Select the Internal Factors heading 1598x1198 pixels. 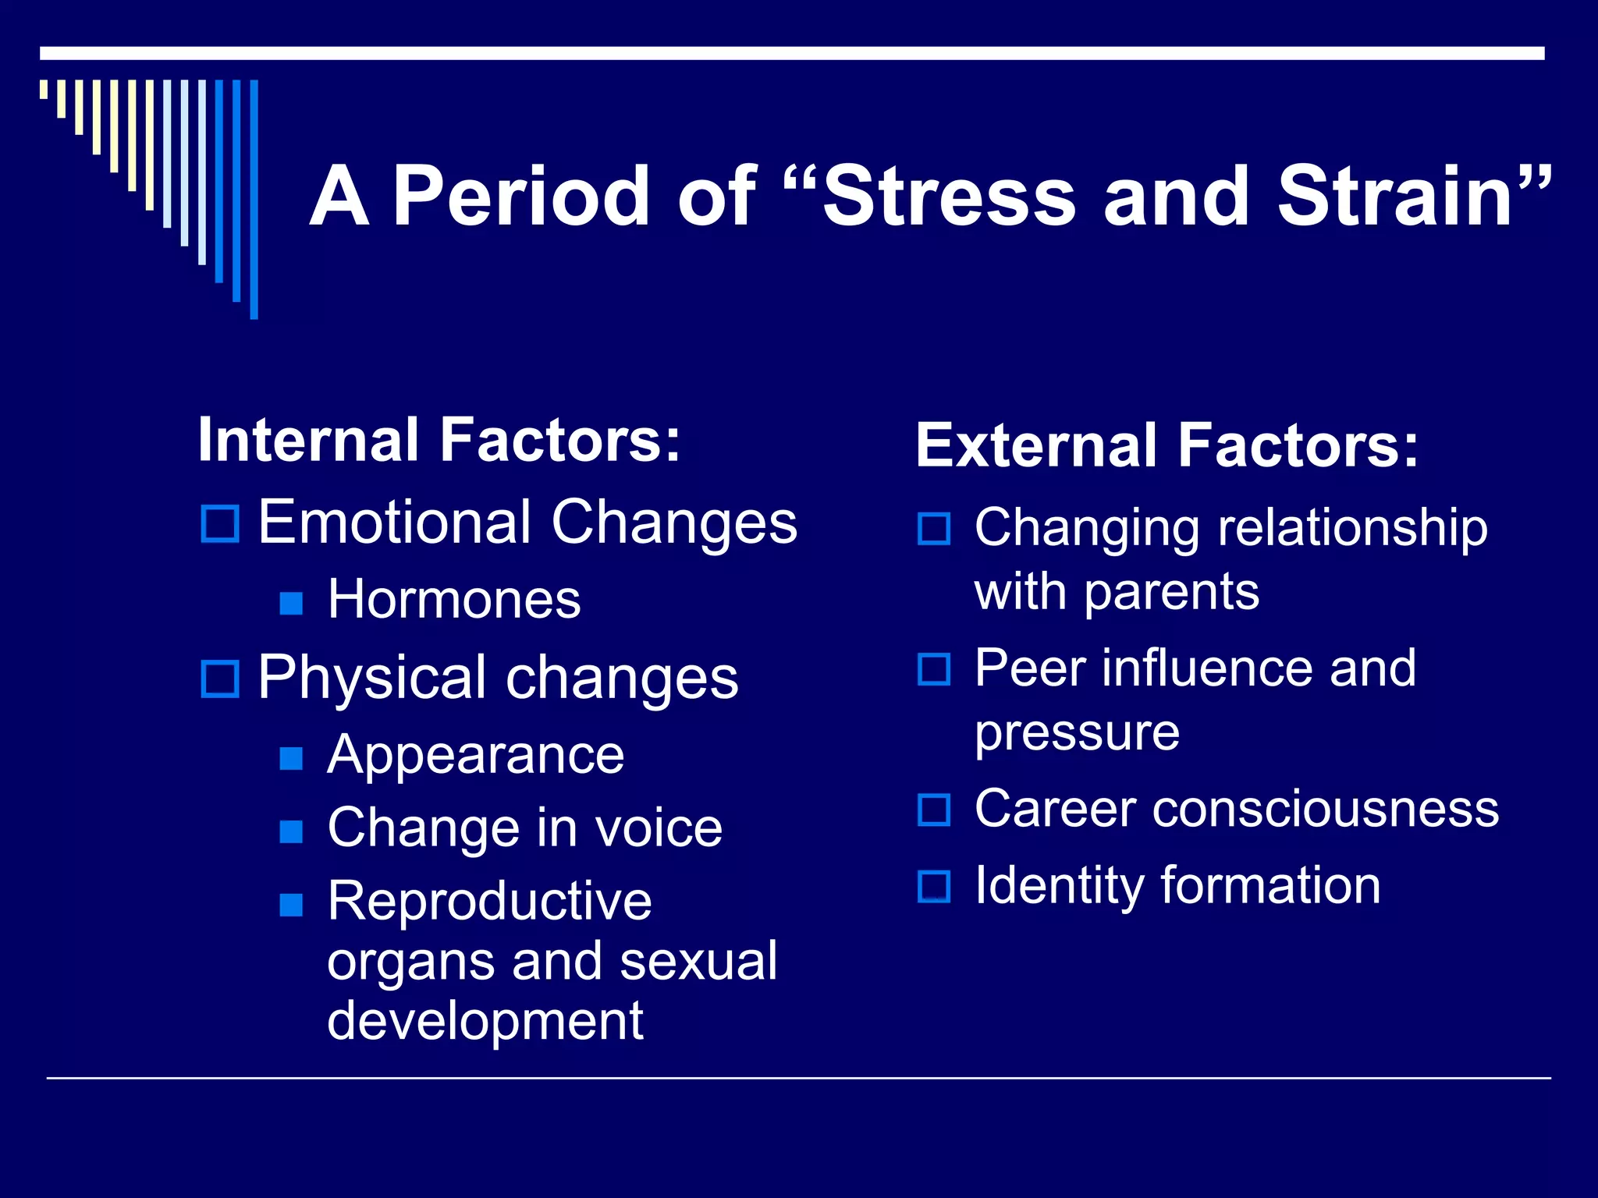(439, 440)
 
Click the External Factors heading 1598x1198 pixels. (1167, 445)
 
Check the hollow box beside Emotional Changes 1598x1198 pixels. (220, 524)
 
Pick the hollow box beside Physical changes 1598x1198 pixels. (220, 679)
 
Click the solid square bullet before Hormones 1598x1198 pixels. (291, 603)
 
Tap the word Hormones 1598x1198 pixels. (454, 599)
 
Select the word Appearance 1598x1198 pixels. (476, 755)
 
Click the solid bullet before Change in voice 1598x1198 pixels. (291, 831)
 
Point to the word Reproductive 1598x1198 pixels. (489, 901)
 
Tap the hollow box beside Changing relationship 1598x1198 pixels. (934, 529)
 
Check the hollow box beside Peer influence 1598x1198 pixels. (934, 669)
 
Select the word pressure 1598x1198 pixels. (1077, 733)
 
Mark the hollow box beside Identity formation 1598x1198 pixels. (934, 887)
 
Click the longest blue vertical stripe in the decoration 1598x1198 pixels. (254, 199)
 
